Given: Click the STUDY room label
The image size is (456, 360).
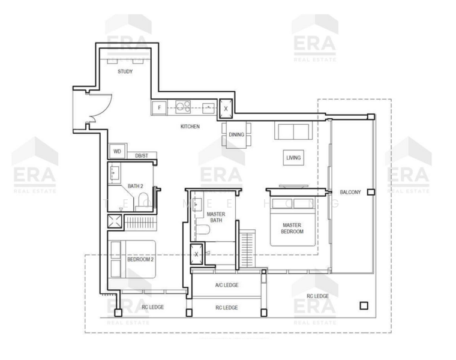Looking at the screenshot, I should pyautogui.click(x=125, y=71).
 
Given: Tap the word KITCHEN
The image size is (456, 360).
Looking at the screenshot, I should pyautogui.click(x=190, y=127).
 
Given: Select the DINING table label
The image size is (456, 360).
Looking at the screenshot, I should pyautogui.click(x=236, y=134).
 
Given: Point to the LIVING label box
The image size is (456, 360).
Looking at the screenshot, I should pyautogui.click(x=293, y=158).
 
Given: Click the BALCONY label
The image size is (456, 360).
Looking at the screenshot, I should pyautogui.click(x=350, y=192).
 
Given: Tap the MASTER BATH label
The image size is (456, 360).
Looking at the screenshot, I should pyautogui.click(x=215, y=217).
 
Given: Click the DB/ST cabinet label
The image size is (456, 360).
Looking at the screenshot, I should pyautogui.click(x=142, y=155).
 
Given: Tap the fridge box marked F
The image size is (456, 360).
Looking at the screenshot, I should pyautogui.click(x=159, y=109).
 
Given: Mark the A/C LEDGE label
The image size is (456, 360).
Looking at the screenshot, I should pyautogui.click(x=226, y=285).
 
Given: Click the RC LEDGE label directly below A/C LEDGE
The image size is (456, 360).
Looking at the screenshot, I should pyautogui.click(x=226, y=308).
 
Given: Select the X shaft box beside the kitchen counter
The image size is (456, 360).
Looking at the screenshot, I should pyautogui.click(x=226, y=109).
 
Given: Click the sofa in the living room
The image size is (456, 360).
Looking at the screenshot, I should pyautogui.click(x=292, y=130).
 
